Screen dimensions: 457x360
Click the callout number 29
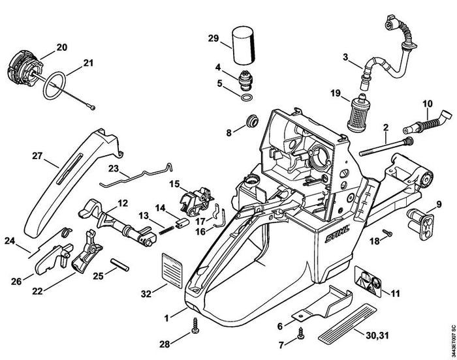pos(213,38)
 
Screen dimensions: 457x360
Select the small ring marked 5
pos(247,97)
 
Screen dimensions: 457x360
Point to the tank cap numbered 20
pos(25,68)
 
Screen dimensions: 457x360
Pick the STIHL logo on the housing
pos(338,234)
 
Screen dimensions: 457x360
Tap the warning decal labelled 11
pos(368,281)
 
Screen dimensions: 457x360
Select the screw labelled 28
pos(195,326)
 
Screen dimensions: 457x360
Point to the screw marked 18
pos(387,233)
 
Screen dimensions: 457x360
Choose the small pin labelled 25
pos(119,265)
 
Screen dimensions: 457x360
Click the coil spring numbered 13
pos(167,229)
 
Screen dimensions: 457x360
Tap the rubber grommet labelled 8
pos(251,121)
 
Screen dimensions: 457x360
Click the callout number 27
pos(37,156)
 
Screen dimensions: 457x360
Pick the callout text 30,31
pos(377,335)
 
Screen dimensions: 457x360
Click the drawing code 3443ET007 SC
pos(453,338)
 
